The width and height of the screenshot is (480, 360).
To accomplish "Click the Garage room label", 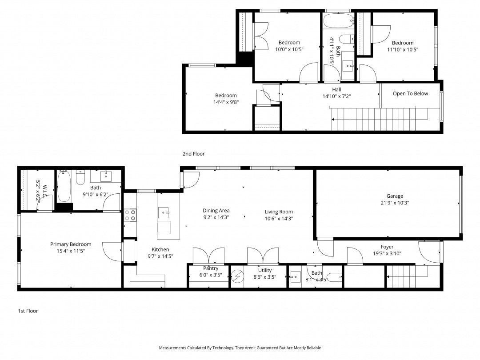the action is click(395, 196).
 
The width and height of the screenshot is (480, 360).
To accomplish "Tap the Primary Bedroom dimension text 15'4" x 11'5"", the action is click(71, 251).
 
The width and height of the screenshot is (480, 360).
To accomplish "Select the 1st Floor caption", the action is click(28, 311).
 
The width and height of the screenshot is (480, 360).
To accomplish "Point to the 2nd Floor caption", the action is click(193, 154).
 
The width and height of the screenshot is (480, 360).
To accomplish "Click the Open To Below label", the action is click(411, 94).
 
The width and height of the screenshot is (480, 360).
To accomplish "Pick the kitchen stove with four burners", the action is click(130, 215).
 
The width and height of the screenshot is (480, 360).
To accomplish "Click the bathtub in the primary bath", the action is click(64, 186).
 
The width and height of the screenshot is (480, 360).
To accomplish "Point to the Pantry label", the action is click(211, 268).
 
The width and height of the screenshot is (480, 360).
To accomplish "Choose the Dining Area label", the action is click(216, 211).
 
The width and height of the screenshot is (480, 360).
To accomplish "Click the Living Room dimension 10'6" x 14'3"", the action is click(279, 219).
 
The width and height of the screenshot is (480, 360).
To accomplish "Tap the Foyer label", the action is click(387, 247).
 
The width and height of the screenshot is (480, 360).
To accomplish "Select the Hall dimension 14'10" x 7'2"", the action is click(337, 96).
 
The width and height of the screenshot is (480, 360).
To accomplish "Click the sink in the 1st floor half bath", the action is click(296, 277).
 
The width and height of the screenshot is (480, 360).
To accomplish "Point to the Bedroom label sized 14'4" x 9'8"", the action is click(226, 96).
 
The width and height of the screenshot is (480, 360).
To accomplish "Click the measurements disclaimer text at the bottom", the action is click(240, 348).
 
